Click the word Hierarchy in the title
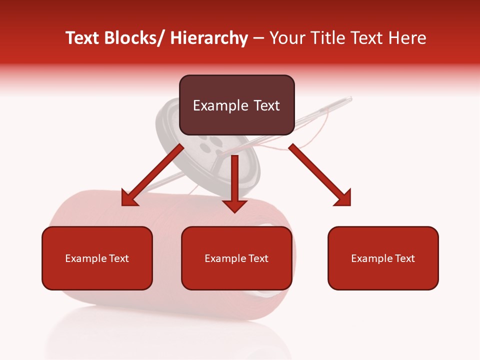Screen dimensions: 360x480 [209, 38]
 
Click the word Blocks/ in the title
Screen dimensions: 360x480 [135, 38]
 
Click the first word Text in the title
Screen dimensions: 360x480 [83, 38]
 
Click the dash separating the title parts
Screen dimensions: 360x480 [258, 38]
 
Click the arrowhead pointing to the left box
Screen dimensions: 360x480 [129, 199]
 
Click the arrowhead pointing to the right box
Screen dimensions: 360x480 [343, 198]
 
